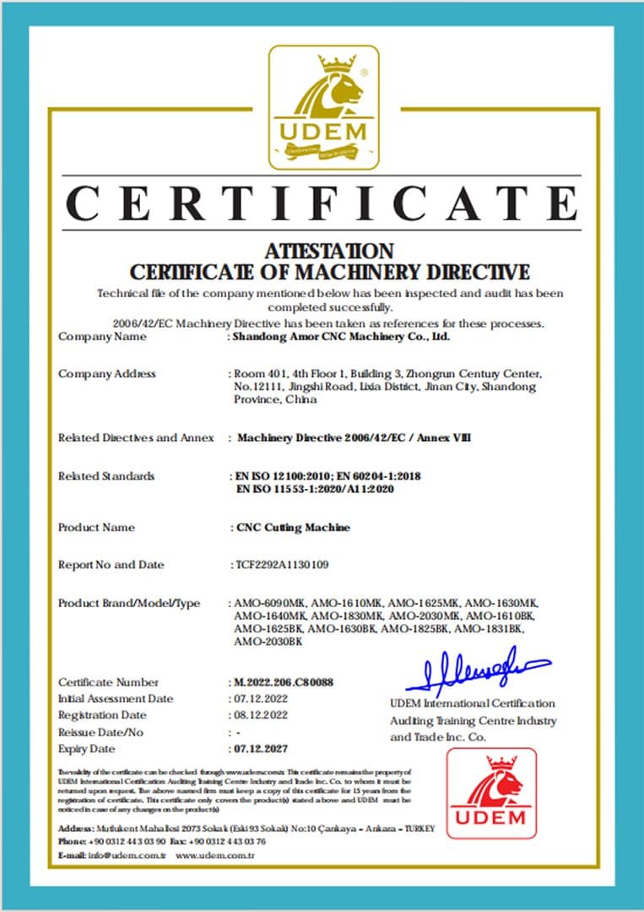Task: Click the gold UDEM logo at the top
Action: coord(323,107)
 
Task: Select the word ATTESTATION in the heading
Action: coord(328,252)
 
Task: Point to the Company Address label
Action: coord(107,373)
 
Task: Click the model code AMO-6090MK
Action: coord(268,603)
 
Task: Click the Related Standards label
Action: coord(106,476)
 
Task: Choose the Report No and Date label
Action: coord(111,564)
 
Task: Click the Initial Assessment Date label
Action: coord(116,698)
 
